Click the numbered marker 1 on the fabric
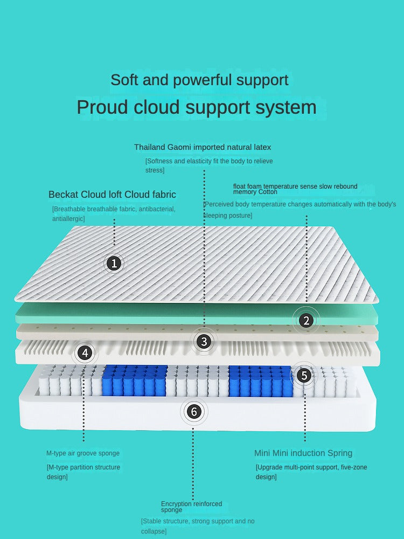click(x=114, y=263)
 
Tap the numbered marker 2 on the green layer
click(x=306, y=321)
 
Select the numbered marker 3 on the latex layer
click(x=203, y=341)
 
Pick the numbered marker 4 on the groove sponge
click(x=85, y=353)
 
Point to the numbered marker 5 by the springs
click(x=304, y=375)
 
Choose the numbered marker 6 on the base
click(x=194, y=412)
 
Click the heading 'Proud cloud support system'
click(x=197, y=107)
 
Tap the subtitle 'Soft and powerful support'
click(x=199, y=80)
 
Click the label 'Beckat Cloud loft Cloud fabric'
click(x=112, y=195)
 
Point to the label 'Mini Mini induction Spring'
click(x=303, y=453)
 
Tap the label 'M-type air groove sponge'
click(x=83, y=453)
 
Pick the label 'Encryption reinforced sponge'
click(x=191, y=506)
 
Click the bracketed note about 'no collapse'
click(x=198, y=526)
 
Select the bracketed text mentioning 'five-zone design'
click(x=311, y=472)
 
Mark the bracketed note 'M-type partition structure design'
click(x=83, y=472)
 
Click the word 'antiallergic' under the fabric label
click(x=68, y=219)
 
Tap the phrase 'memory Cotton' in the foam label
click(x=255, y=192)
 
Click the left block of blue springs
click(x=134, y=380)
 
